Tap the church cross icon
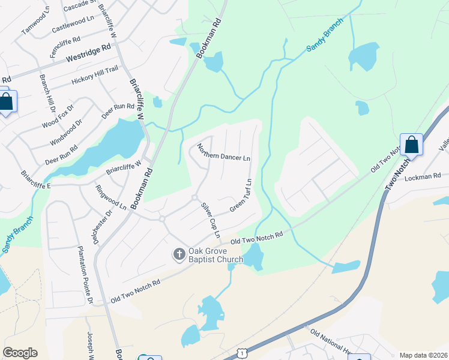tap(178, 255)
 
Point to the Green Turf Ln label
tap(240, 196)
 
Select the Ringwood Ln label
tap(110, 197)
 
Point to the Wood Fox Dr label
tap(58, 116)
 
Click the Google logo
tap(20, 353)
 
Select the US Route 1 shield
tap(241, 354)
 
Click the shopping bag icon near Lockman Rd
tap(411, 145)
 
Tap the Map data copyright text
tap(423, 355)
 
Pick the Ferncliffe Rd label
tap(65, 46)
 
